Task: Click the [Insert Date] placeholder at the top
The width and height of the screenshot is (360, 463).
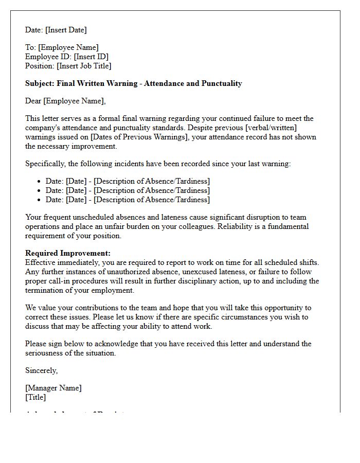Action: pos(66,30)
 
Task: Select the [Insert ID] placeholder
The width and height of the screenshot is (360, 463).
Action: pos(91,57)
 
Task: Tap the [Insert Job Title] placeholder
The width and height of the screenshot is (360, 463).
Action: pos(84,66)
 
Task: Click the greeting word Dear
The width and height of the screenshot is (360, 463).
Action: pos(33,101)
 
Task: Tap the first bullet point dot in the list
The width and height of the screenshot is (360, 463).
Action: pos(40,181)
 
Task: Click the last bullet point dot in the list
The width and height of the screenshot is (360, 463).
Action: pos(40,200)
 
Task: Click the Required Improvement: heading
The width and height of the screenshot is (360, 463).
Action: pos(68,253)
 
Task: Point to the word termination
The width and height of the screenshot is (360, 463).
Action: pos(58,290)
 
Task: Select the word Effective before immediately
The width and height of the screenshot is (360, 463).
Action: pos(41,262)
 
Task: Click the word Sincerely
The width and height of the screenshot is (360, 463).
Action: pos(41,370)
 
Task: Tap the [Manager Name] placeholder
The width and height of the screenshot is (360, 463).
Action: pos(53,388)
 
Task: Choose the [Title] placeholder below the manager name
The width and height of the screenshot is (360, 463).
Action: pos(35,397)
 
